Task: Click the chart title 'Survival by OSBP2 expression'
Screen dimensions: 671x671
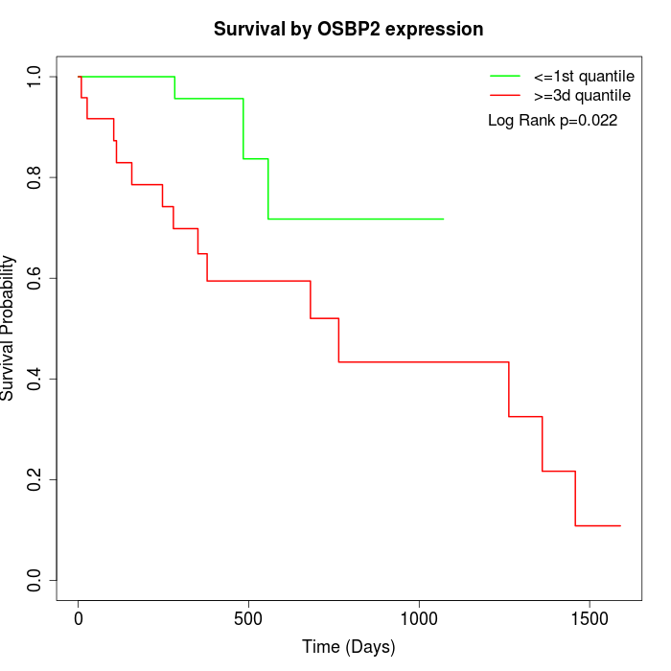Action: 348,30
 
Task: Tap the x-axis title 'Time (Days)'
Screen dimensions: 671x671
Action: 348,647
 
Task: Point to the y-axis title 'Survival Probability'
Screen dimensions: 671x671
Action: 9,328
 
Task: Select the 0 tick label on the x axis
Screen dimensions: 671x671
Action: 79,618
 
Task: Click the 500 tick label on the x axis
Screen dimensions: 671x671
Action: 248,618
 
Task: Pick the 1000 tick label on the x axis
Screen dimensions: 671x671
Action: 419,618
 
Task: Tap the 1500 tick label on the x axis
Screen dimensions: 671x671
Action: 589,618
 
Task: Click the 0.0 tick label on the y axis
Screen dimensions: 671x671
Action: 35,580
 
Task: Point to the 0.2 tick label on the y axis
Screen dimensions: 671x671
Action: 35,479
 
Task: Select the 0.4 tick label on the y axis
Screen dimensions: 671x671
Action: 35,379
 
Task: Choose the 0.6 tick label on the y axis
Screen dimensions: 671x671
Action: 35,278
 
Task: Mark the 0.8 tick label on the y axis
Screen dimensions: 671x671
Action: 35,177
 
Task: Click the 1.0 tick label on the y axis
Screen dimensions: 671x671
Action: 35,77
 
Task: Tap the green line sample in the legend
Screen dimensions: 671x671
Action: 505,75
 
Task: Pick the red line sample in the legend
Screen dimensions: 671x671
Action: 505,95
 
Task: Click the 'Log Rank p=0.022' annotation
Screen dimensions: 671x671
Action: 552,121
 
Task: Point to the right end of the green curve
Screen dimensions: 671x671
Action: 444,219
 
